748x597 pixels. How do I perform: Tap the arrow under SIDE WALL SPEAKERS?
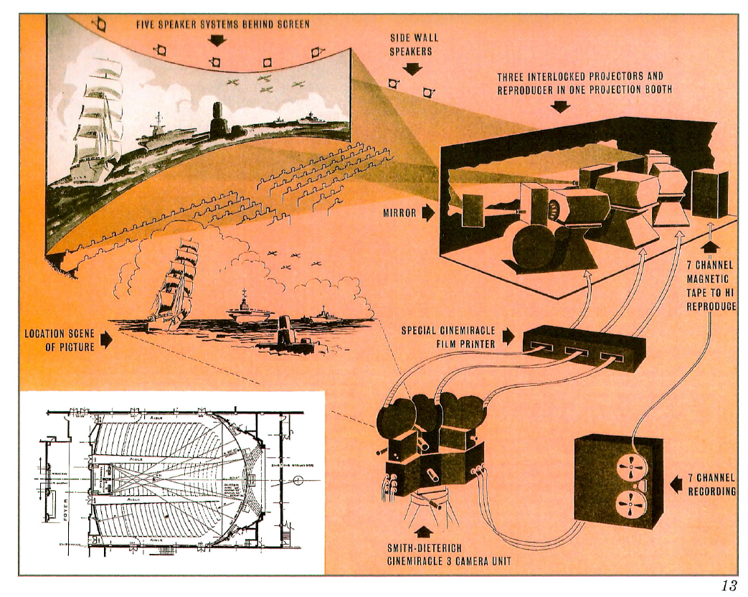[414, 69]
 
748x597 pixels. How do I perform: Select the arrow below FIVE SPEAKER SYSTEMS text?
[216, 39]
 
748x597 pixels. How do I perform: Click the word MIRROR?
[399, 212]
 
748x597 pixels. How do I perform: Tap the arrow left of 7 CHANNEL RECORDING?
[675, 485]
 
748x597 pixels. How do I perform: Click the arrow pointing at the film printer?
[508, 335]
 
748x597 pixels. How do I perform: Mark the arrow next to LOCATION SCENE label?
[106, 339]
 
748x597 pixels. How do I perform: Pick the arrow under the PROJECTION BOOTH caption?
[562, 106]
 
